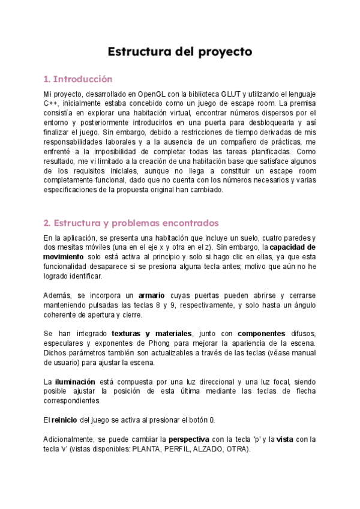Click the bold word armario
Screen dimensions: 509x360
(x=151, y=295)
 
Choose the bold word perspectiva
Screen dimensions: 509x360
(x=191, y=439)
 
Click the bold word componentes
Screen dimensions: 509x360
(x=261, y=333)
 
